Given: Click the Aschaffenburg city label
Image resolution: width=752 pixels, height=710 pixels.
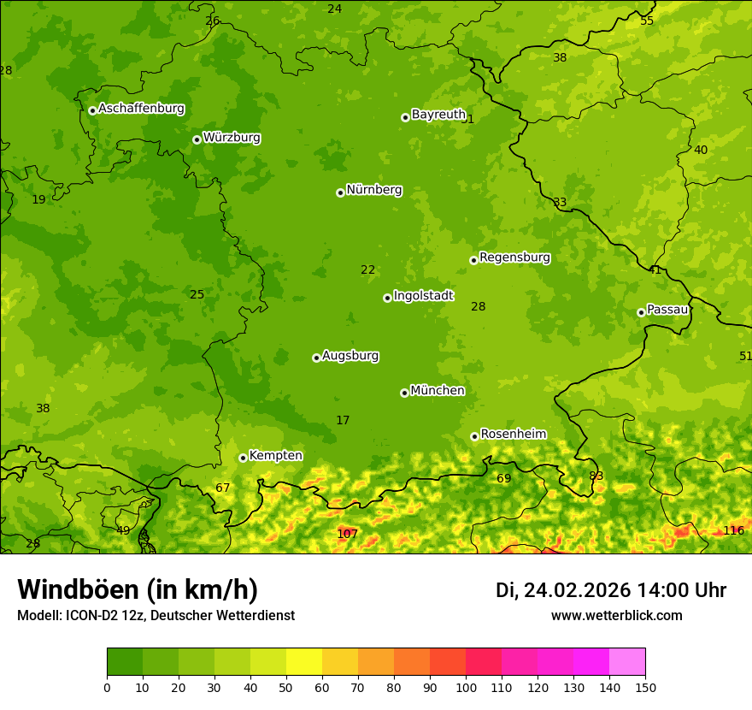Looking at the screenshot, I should point(141,109).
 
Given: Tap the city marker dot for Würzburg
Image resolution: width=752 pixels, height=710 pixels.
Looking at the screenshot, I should point(197,139).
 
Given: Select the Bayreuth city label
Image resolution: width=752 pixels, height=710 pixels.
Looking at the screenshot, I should point(438,115).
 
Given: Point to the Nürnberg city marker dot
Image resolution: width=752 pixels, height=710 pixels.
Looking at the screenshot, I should point(340,192).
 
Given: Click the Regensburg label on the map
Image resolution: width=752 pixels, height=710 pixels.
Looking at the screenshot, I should point(514,257).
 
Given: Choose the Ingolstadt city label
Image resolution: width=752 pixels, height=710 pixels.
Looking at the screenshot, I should point(423,296).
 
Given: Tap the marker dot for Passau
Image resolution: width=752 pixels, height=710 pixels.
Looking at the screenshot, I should point(641,312).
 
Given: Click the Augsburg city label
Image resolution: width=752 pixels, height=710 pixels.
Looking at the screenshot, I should point(350,356).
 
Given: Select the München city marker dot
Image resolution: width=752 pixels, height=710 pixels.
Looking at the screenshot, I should point(404,393).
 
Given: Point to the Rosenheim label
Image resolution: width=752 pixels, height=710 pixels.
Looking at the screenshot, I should point(513,435).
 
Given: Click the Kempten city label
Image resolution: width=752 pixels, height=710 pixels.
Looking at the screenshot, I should point(275,456).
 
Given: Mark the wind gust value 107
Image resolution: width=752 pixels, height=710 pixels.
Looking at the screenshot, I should point(347,534).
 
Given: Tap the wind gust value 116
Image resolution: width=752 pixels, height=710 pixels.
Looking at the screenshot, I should point(733,530).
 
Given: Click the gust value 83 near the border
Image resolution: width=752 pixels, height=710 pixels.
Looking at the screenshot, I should point(596,476).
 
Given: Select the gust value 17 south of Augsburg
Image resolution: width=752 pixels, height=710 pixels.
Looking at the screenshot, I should point(343,421).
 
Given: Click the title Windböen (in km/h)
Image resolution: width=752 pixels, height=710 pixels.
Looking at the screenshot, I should point(138,589).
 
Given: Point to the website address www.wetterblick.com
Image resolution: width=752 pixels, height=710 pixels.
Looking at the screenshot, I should point(616,616).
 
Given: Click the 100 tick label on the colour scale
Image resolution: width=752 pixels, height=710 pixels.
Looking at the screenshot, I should point(466,688).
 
